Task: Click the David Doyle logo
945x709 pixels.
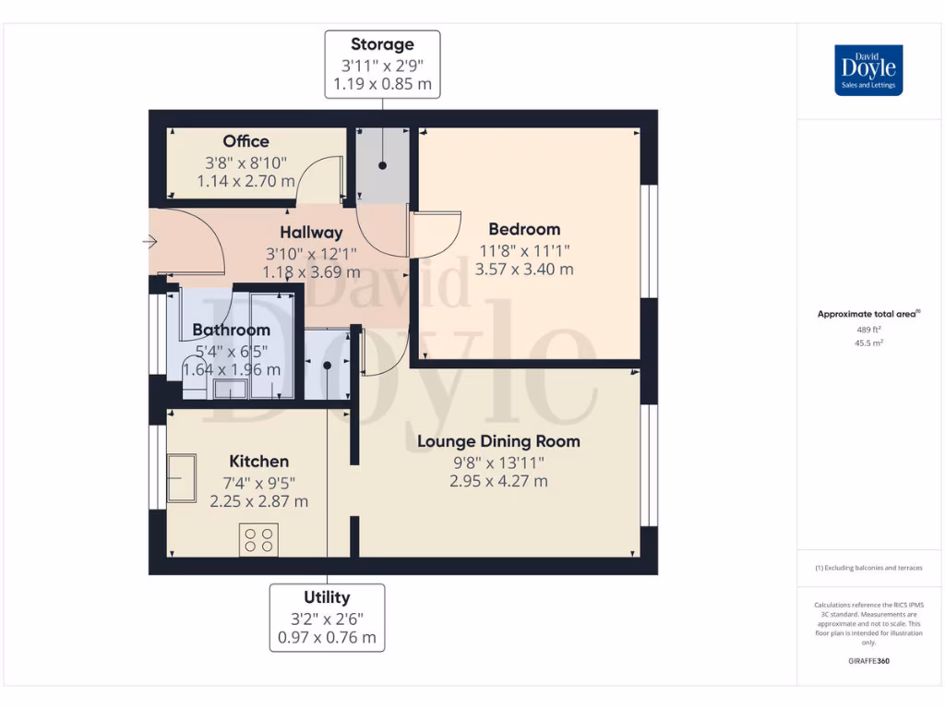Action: [x=868, y=70]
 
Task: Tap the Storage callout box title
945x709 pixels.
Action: [x=382, y=44]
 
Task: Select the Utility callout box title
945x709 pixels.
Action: [x=327, y=597]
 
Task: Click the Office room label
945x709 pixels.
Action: [x=245, y=141]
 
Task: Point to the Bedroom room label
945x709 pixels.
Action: [x=524, y=229]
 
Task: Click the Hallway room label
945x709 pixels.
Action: [x=311, y=233]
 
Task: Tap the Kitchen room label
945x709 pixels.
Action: [x=258, y=462]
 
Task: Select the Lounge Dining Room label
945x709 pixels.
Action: [x=498, y=441]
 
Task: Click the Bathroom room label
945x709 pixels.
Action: [x=232, y=330]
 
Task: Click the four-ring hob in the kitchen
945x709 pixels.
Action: [x=258, y=539]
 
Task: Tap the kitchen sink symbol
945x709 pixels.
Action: [x=182, y=478]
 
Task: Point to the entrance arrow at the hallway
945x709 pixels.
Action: [x=150, y=242]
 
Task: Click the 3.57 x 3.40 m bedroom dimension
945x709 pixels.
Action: [x=524, y=269]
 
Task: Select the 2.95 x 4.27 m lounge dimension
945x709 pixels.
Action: [x=498, y=481]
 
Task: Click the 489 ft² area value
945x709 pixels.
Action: [x=868, y=330]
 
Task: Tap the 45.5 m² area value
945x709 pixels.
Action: [x=868, y=343]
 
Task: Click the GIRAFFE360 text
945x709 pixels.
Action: [x=868, y=661]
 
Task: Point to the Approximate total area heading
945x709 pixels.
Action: [x=868, y=314]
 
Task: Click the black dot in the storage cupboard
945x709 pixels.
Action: [x=383, y=165]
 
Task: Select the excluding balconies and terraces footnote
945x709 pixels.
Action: [x=868, y=568]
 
